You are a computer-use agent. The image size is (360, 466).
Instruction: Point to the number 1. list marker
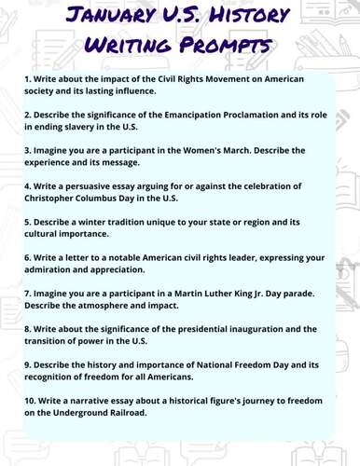(x=28, y=80)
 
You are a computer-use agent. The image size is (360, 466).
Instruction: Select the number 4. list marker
(x=28, y=184)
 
